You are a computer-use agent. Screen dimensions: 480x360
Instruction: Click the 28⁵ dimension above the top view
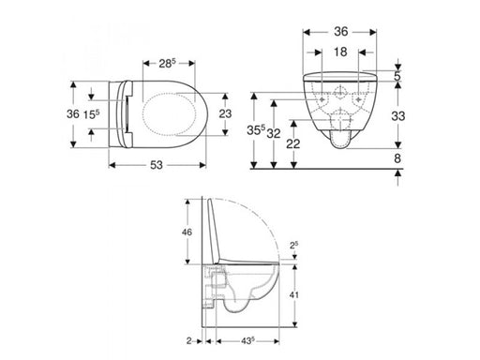pos(168,64)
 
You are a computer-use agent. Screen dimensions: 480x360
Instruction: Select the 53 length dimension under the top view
pos(157,165)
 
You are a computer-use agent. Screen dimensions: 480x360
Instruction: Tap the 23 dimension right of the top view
pos(225,113)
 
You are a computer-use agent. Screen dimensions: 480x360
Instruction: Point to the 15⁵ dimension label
pos(91,114)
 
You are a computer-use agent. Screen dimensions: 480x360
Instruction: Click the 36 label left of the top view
pos(73,114)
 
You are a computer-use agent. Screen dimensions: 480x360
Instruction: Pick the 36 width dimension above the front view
pos(340,32)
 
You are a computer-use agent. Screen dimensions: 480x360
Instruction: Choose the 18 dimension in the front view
pos(340,52)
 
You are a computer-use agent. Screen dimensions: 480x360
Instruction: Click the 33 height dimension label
pos(398,116)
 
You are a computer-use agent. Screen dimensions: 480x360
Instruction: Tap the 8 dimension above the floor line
pos(397,158)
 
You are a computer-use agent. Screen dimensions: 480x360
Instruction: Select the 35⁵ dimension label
pos(256,130)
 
